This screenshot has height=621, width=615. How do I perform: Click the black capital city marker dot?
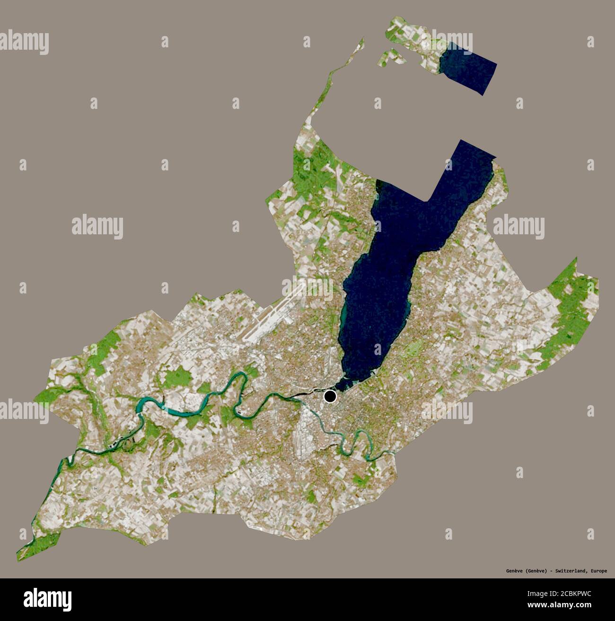pyautogui.click(x=330, y=396)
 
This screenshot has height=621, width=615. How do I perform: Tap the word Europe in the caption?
pyautogui.click(x=598, y=571)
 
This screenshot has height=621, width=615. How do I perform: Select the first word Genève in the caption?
pyautogui.click(x=514, y=571)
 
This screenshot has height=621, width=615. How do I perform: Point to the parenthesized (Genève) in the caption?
pyautogui.click(x=536, y=571)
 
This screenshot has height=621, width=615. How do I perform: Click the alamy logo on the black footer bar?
pyautogui.click(x=47, y=598)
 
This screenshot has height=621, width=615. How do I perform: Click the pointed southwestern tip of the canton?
pyautogui.click(x=21, y=554)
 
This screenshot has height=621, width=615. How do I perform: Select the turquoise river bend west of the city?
pyautogui.click(x=156, y=406)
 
